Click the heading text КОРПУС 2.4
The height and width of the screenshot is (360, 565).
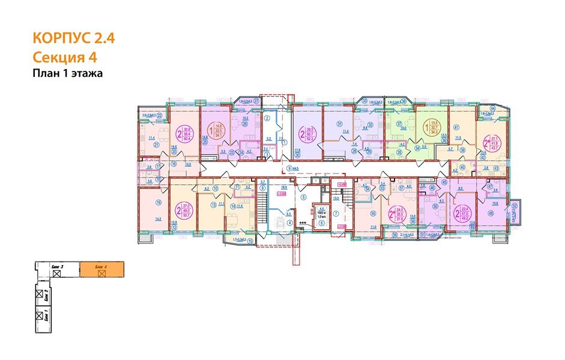73,39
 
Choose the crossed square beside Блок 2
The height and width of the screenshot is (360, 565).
40,294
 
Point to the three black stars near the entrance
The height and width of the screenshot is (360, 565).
303,223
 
